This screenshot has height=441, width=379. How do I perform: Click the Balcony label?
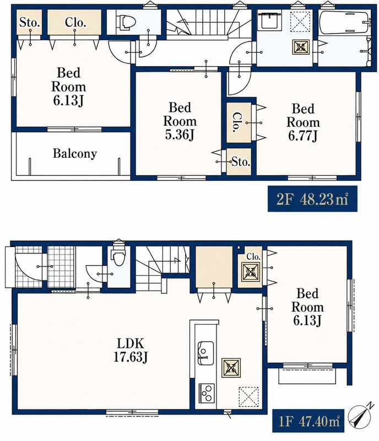[75, 154]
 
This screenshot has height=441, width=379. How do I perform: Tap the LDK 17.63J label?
[131, 350]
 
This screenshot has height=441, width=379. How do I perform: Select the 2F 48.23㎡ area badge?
[312, 199]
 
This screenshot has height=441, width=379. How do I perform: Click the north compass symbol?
[361, 417]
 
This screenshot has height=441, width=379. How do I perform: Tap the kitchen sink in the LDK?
[206, 353]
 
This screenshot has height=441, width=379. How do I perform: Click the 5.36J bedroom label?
[180, 121]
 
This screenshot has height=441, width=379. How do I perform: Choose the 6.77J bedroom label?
[303, 122]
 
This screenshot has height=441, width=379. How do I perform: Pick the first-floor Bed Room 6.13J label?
[307, 307]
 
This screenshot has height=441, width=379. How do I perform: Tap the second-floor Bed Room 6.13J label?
[69, 87]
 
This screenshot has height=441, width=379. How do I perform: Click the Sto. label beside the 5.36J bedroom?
[241, 162]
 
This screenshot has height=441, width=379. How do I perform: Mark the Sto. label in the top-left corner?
[29, 23]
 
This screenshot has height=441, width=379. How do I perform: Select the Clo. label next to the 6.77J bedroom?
[237, 122]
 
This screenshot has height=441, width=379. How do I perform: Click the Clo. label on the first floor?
[253, 256]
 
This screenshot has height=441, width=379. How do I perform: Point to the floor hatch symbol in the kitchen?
[248, 397]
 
